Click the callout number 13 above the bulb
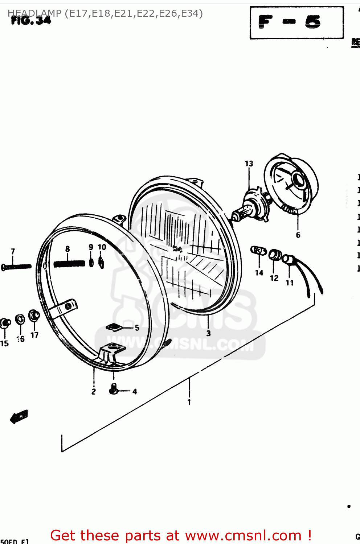(x=249, y=164)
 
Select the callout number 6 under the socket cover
(x=298, y=235)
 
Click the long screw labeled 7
(x=17, y=267)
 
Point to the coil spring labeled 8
(x=69, y=264)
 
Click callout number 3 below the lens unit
(x=208, y=333)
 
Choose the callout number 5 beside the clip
(x=137, y=328)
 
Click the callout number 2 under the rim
(x=94, y=392)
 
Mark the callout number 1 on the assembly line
(x=189, y=402)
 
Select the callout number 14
(x=259, y=273)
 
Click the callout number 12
(x=274, y=278)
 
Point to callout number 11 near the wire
(x=290, y=283)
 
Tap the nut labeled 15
(x=5, y=323)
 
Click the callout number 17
(x=34, y=335)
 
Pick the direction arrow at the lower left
(x=19, y=416)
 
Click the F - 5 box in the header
(x=296, y=22)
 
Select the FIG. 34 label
(x=31, y=21)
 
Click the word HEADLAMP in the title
(x=34, y=13)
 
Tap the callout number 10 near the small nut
(x=102, y=247)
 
